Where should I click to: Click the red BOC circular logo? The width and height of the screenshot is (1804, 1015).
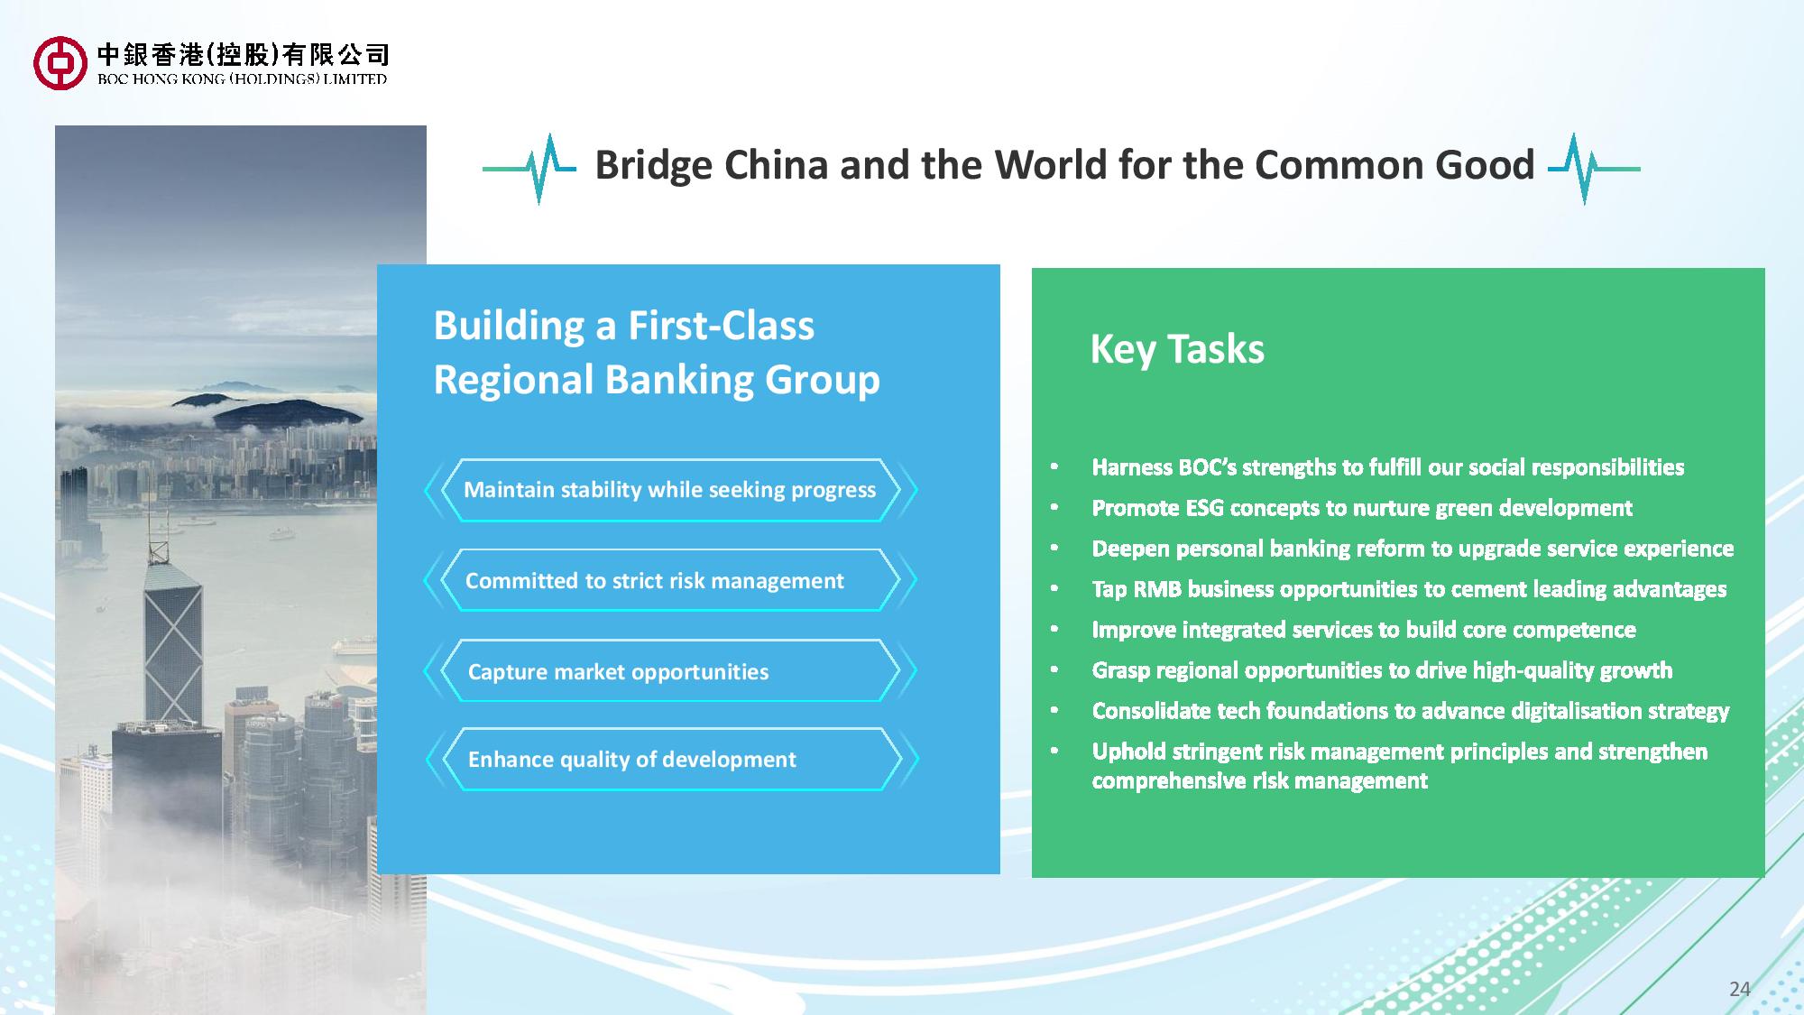point(60,62)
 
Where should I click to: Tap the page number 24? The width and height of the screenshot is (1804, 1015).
point(1739,989)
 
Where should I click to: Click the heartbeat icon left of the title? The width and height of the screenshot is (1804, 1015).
point(529,169)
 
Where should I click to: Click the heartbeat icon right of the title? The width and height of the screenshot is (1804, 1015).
point(1594,169)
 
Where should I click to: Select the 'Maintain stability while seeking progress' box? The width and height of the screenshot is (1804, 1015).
point(670,490)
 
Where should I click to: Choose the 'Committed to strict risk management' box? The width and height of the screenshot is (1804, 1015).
point(670,580)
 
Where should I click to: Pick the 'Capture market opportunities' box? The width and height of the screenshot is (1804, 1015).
point(670,670)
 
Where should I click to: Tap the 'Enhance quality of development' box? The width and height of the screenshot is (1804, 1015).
point(670,759)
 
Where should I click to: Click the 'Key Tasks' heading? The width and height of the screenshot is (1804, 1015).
point(1177,350)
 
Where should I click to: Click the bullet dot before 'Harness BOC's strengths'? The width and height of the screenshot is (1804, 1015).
point(1054,467)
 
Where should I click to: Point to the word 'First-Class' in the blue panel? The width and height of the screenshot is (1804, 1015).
point(721,326)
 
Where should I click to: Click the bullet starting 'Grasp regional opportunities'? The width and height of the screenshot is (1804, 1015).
point(1382,670)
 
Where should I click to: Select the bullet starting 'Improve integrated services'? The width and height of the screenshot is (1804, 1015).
point(1364,630)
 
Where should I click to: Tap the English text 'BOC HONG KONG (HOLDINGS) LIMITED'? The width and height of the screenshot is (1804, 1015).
point(242,79)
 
